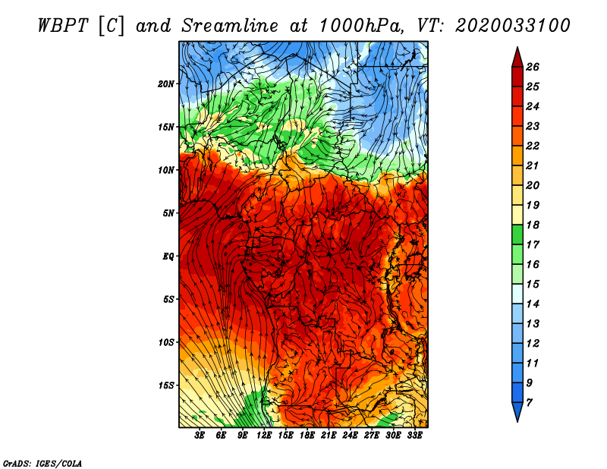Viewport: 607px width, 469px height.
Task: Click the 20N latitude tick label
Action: [165, 84]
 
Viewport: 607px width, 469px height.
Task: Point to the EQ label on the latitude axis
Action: [168, 257]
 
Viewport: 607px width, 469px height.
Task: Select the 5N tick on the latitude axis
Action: [168, 213]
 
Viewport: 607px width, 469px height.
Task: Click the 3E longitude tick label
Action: [200, 436]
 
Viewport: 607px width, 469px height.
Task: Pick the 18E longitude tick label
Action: [307, 436]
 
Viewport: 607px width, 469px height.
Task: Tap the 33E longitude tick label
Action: [414, 436]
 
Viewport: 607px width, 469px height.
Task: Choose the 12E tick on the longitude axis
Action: [264, 436]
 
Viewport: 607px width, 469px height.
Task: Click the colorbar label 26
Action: [533, 67]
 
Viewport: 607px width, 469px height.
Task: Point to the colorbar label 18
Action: [533, 225]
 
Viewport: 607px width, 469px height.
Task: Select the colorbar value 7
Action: [529, 403]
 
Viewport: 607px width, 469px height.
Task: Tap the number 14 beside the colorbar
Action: [533, 304]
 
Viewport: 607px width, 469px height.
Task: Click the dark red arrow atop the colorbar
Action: [517, 58]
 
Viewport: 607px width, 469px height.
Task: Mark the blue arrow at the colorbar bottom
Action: [517, 411]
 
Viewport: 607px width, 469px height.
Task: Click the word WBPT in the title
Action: [64, 26]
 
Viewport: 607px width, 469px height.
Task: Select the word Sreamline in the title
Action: [230, 26]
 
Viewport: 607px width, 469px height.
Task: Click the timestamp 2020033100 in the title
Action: [513, 26]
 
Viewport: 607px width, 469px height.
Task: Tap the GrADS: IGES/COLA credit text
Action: [42, 463]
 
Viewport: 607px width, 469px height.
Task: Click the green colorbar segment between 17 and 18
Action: [517, 234]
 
